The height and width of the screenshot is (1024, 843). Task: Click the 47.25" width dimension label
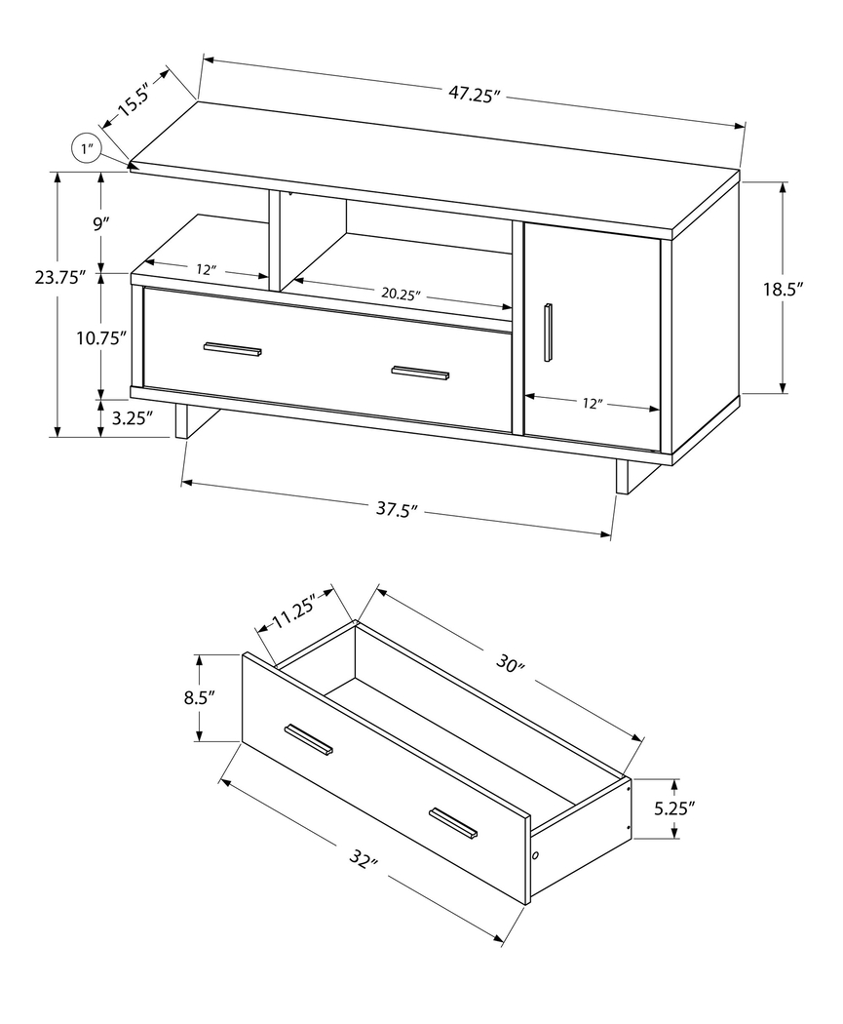point(474,95)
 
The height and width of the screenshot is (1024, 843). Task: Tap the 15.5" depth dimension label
point(135,100)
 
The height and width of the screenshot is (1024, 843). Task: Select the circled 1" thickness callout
point(88,149)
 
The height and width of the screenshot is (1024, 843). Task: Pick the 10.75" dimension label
point(102,338)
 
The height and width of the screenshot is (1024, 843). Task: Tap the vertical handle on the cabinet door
point(549,333)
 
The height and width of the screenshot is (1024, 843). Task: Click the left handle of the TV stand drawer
point(233,349)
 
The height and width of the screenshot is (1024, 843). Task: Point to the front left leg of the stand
point(182,421)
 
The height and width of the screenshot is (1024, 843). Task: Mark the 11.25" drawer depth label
point(295,613)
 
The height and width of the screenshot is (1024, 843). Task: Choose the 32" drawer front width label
point(361,862)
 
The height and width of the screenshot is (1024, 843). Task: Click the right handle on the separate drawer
point(454,823)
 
